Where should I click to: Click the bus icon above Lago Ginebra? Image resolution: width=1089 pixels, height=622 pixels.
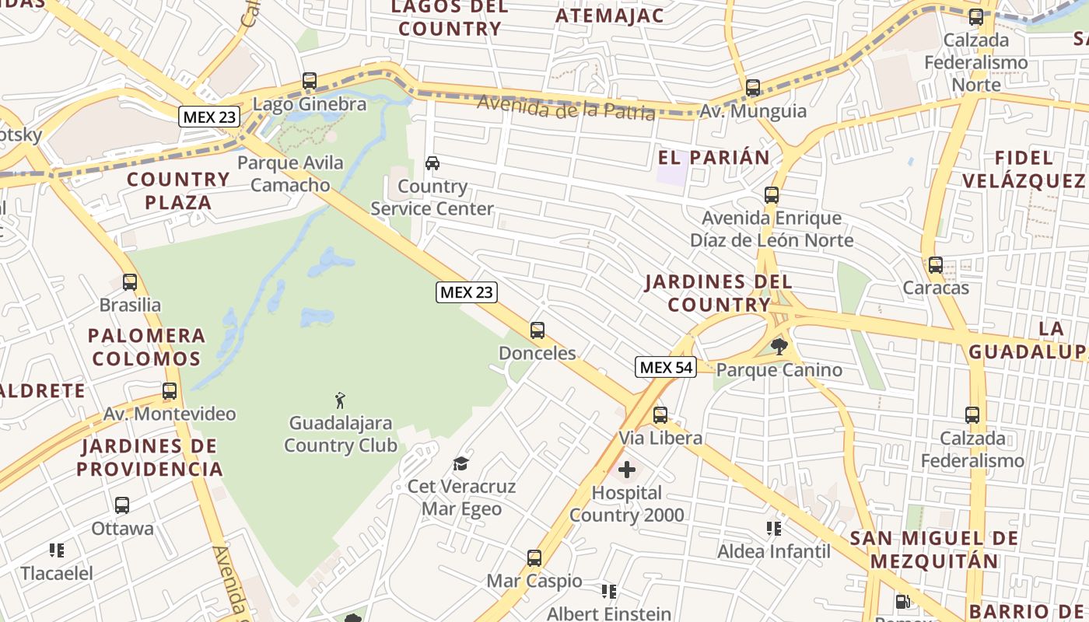[x=310, y=81]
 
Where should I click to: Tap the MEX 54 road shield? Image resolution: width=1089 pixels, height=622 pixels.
[x=665, y=367]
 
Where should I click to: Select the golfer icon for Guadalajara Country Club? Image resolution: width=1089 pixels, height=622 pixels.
[x=340, y=400]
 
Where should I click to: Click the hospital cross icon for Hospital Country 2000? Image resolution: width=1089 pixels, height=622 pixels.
[x=626, y=470]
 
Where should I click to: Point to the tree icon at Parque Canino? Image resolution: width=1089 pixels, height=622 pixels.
[x=779, y=346]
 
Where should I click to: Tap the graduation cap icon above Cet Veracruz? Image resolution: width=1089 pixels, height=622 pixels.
[x=461, y=463]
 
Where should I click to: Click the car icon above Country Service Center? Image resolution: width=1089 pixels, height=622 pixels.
[x=432, y=163]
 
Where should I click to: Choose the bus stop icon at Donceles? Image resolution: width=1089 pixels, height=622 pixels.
[x=537, y=330]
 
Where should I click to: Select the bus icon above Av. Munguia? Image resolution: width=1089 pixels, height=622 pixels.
[x=753, y=88]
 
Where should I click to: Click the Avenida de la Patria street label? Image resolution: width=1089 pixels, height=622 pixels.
[x=566, y=107]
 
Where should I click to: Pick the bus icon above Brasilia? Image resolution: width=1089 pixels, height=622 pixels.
[x=130, y=282]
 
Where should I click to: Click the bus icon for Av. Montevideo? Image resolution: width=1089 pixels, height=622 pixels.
[x=170, y=391]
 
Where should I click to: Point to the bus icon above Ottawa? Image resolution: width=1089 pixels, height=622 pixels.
[x=122, y=505]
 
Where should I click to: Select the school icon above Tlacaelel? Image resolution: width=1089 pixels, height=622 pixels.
[x=57, y=550]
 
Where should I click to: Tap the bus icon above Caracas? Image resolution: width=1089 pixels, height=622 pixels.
[x=936, y=265]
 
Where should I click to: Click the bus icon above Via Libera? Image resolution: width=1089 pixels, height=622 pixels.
[x=660, y=415]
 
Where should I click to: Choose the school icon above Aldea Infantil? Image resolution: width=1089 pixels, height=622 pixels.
[x=773, y=529]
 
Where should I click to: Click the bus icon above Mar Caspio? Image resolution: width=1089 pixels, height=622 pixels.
[x=534, y=558]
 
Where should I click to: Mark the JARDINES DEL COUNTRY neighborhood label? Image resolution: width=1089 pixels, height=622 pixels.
[x=718, y=293]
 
